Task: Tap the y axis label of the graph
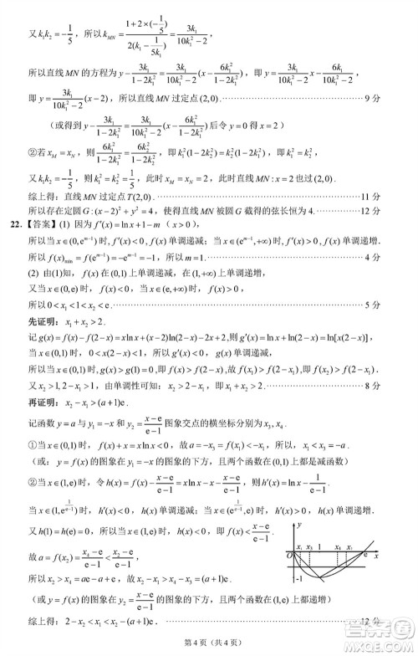click(x=298, y=524)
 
